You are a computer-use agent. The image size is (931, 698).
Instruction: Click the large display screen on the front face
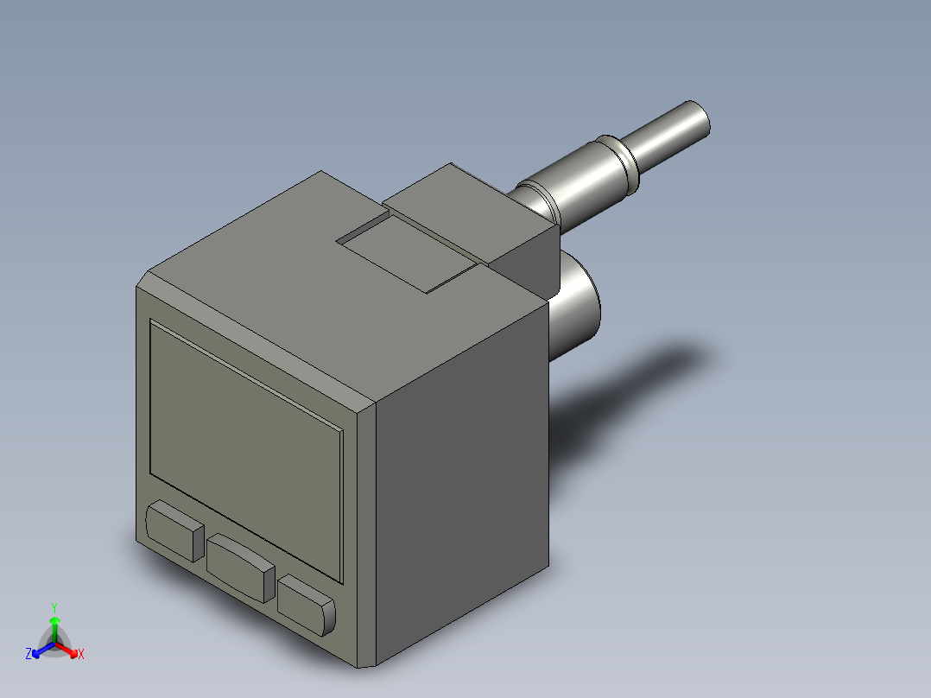(246, 449)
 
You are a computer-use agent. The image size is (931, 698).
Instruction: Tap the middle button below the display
(240, 567)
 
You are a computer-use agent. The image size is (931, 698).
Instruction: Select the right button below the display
(307, 606)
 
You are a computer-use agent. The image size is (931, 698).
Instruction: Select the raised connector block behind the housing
(471, 216)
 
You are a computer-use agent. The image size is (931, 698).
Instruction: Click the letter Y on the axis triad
(54, 607)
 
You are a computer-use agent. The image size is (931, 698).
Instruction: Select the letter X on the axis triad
(81, 655)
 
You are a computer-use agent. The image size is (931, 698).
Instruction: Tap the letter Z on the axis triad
(28, 655)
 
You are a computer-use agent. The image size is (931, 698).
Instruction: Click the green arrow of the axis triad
(54, 626)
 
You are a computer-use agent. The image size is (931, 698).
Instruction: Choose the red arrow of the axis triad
(69, 649)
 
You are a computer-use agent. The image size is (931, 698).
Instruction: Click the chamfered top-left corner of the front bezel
(143, 279)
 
